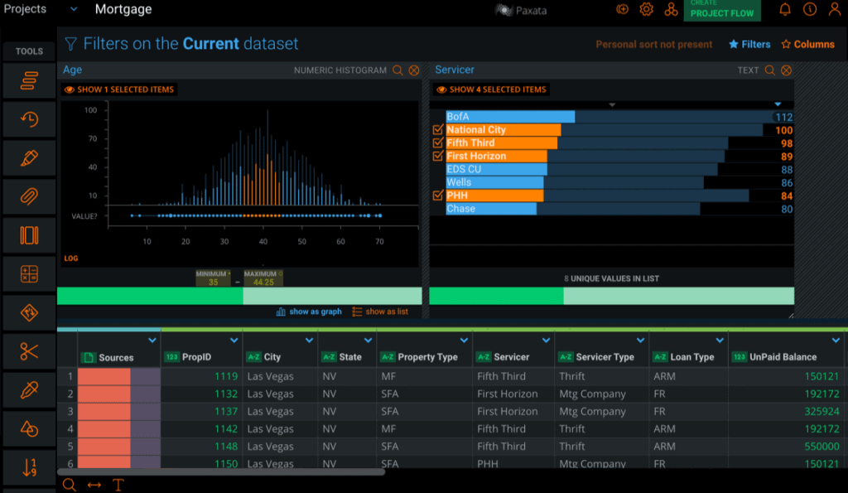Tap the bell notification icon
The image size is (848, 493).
(785, 9)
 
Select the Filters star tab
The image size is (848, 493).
(749, 45)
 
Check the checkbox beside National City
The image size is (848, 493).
(438, 130)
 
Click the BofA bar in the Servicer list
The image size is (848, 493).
(510, 117)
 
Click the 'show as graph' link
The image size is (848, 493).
(309, 312)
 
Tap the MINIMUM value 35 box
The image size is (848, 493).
(213, 282)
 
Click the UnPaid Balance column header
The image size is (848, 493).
(783, 357)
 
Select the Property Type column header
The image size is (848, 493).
(427, 357)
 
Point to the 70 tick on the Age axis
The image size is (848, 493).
(379, 241)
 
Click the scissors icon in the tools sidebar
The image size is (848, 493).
(29, 351)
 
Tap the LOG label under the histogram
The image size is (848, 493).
(71, 259)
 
